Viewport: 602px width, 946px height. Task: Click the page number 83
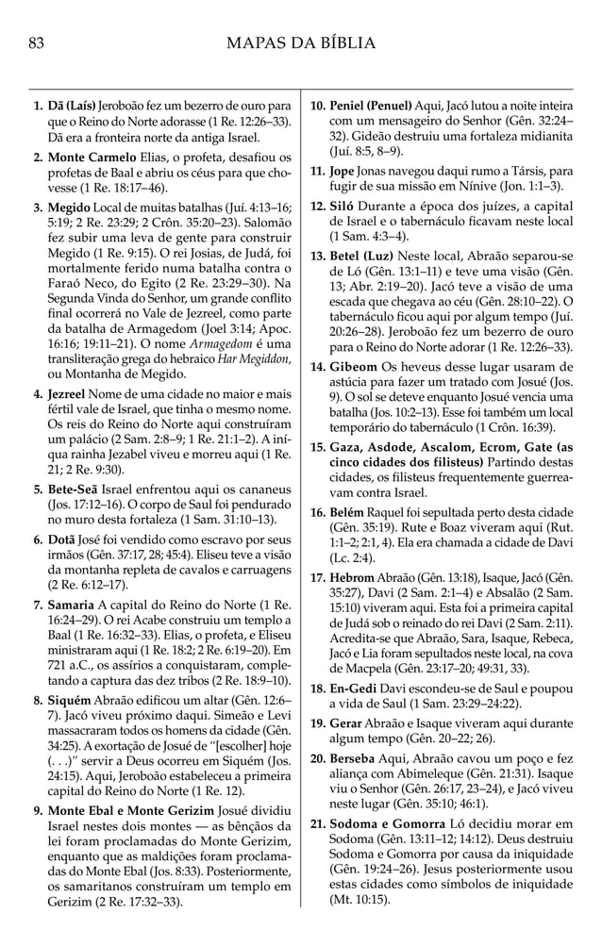38,42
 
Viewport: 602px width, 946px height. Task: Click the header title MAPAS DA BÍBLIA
301,42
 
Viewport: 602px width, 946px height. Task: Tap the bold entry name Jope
343,171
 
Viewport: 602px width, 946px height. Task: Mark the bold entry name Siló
343,205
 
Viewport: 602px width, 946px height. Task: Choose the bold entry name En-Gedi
357,690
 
